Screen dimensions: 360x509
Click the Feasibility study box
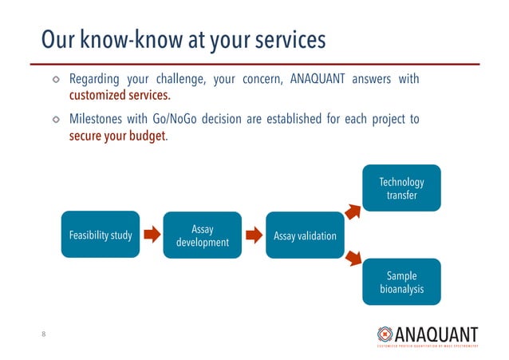[x=101, y=234]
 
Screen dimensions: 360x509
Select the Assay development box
[x=202, y=235]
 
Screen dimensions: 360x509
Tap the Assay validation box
[x=304, y=235]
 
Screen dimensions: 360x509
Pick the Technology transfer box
[x=401, y=188]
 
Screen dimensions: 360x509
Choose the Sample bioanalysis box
[x=401, y=281]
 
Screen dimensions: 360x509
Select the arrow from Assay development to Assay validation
[x=253, y=235]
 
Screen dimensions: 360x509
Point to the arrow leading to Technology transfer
[x=353, y=211]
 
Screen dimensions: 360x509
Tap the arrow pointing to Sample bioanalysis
[x=353, y=259]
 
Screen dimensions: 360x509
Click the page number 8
[x=44, y=334]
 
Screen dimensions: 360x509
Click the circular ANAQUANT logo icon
[x=385, y=334]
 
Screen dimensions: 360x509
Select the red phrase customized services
[x=120, y=97]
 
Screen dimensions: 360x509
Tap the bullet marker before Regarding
[x=56, y=80]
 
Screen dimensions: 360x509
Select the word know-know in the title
[x=128, y=39]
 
